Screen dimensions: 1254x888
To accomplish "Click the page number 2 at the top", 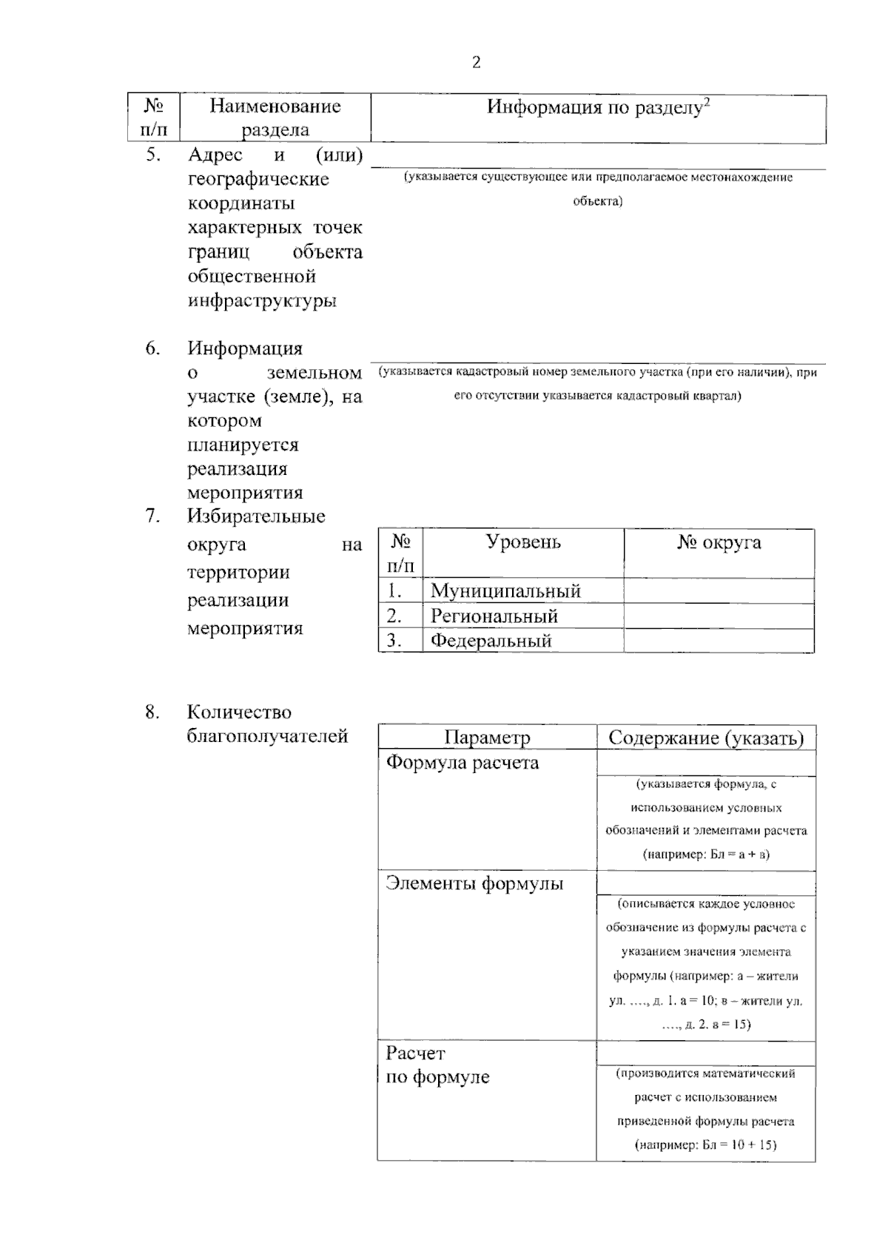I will (x=476, y=63).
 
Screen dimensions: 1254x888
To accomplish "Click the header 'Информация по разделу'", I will (x=593, y=108).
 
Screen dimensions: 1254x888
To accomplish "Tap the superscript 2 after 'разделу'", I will (x=707, y=103).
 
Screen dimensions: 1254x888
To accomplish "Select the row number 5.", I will (x=152, y=155).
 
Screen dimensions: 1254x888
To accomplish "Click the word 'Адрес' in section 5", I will (x=215, y=155).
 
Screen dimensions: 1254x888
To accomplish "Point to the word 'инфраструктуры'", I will (x=262, y=301).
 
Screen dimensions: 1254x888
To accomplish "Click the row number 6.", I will (x=152, y=348).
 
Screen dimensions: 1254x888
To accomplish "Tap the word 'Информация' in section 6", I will (x=245, y=348).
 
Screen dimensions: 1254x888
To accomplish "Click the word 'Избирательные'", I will (x=256, y=516).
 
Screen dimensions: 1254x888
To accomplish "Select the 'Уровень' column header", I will (x=523, y=542).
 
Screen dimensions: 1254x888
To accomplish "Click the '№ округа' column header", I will (x=719, y=543).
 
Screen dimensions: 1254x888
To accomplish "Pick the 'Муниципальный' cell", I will (x=505, y=591).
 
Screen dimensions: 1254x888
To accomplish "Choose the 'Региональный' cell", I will (x=494, y=616).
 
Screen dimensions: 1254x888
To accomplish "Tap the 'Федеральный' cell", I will (x=491, y=641).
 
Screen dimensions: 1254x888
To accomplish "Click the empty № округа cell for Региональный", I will (x=719, y=616).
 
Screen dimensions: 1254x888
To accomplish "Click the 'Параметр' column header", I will (x=487, y=738).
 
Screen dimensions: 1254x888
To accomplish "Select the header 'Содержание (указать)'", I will (x=706, y=738).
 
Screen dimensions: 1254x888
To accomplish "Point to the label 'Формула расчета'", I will (x=462, y=763).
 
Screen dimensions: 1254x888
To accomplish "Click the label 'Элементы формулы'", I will (x=474, y=883).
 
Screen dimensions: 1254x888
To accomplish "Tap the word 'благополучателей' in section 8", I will (x=267, y=736).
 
